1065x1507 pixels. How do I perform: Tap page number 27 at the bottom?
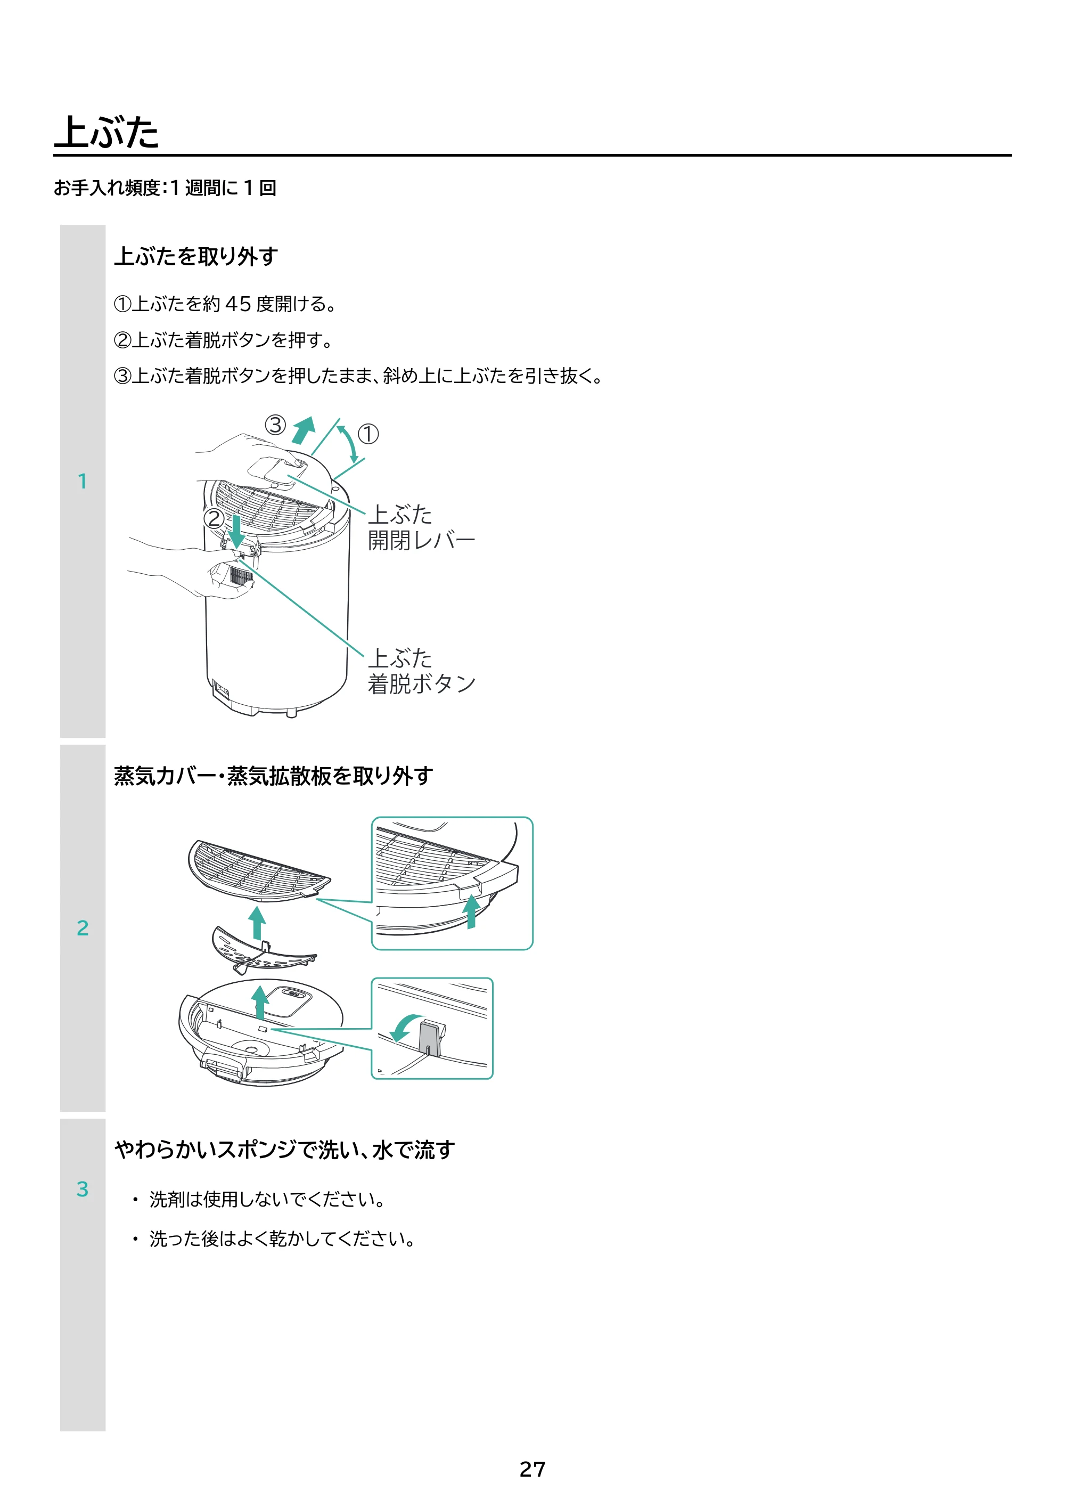coord(532,1469)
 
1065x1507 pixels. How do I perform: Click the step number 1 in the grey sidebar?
coord(83,481)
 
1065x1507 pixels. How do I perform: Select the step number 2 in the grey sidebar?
coord(83,927)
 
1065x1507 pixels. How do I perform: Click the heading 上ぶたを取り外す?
coord(196,256)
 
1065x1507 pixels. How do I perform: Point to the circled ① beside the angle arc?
coord(368,434)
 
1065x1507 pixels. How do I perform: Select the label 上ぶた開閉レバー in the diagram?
coord(421,527)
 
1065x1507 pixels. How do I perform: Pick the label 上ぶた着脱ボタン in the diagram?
coord(421,671)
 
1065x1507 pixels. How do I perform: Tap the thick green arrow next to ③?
coord(304,430)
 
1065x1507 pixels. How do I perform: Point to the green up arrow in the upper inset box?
coord(471,911)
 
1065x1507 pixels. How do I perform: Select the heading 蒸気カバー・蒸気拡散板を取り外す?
coord(274,776)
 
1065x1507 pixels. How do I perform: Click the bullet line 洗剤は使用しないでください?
coord(266,1199)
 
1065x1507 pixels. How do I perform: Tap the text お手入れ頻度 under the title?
coord(107,188)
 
